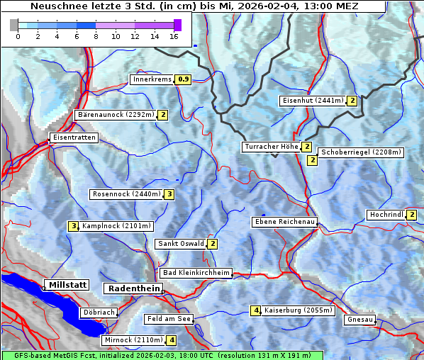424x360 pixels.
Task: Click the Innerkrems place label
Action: (x=152, y=79)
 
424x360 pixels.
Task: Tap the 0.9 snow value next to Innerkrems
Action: (x=184, y=79)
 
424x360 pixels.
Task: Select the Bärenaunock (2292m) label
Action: (x=116, y=115)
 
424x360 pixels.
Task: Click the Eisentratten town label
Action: (x=74, y=137)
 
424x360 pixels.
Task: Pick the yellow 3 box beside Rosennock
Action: (x=169, y=194)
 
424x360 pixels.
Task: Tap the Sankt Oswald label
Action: (x=180, y=244)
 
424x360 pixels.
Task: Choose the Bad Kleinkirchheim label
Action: (x=196, y=273)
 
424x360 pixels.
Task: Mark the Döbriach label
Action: (x=99, y=312)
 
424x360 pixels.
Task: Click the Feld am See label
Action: (x=169, y=320)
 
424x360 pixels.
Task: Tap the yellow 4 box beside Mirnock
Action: (x=172, y=340)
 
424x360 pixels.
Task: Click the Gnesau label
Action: (x=359, y=320)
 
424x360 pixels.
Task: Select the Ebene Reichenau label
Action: (x=284, y=223)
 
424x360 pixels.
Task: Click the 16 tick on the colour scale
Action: (x=174, y=36)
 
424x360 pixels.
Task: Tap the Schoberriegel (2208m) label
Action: (x=361, y=152)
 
